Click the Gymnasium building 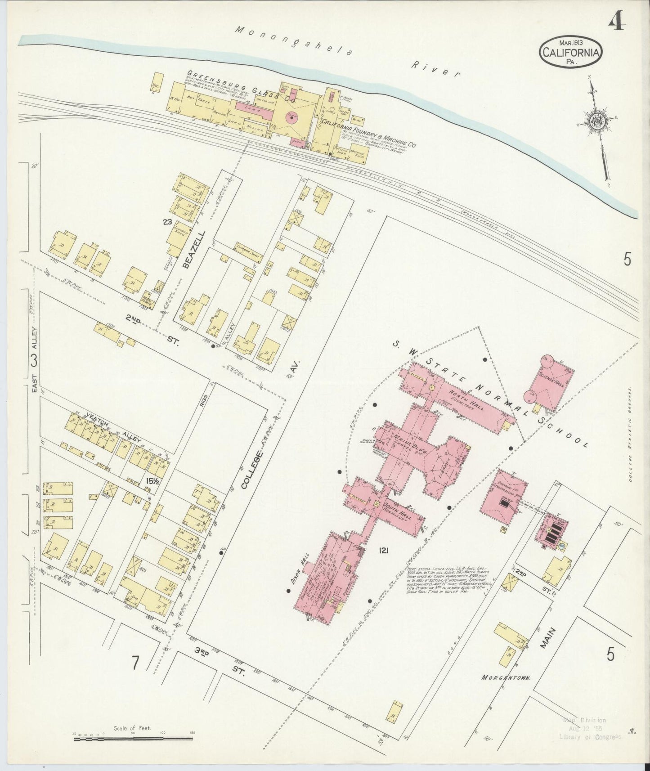(x=503, y=497)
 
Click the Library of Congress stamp (x=589, y=728)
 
